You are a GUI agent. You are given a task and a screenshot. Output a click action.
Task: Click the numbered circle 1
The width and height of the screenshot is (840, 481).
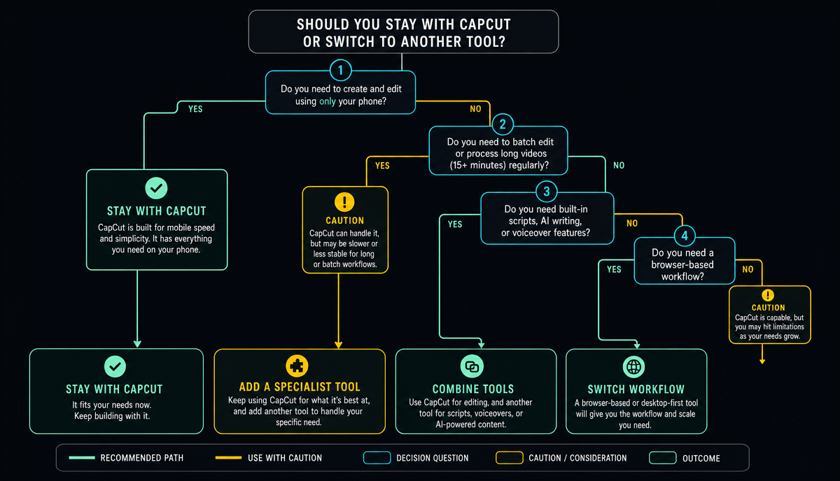[x=340, y=70]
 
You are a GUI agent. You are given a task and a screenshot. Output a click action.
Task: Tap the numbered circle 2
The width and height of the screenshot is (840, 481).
[x=503, y=124]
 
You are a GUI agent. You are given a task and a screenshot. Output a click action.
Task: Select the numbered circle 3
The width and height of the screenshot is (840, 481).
[x=547, y=192]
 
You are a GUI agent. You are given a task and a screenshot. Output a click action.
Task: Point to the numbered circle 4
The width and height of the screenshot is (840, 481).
[x=685, y=236]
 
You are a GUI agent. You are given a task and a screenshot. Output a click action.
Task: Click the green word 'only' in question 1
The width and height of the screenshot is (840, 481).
[x=328, y=101]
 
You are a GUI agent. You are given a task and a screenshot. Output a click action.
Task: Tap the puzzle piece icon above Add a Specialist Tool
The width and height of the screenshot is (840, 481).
[x=297, y=366]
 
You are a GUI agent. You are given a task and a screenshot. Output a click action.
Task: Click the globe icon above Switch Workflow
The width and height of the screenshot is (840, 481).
[x=633, y=367]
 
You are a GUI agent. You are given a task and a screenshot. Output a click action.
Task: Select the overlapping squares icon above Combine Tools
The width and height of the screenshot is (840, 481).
[x=472, y=366]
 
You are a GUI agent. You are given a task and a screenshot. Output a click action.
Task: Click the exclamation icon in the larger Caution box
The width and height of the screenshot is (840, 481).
[x=344, y=202]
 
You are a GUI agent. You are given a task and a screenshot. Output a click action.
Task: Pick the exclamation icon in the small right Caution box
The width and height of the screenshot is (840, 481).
[x=768, y=295]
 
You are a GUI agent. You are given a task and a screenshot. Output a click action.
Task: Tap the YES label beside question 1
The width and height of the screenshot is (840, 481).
[x=195, y=109]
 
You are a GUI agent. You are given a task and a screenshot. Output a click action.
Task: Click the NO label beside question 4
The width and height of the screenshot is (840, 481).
[x=748, y=269]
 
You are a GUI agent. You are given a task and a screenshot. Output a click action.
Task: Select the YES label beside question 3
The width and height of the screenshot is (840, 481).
[x=455, y=224]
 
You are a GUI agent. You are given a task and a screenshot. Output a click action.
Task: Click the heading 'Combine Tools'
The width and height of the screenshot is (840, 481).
[x=473, y=389]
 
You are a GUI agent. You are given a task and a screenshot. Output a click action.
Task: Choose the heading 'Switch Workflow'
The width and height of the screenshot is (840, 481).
[x=636, y=389]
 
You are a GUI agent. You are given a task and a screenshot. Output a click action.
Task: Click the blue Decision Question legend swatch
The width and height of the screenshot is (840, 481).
[x=377, y=458]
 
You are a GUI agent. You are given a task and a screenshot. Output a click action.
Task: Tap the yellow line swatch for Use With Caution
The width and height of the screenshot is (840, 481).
[x=228, y=458]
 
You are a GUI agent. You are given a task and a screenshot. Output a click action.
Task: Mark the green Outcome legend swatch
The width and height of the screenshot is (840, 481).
[x=663, y=458]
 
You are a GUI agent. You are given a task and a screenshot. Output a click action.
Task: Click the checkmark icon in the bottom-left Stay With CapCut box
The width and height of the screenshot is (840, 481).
[x=115, y=366]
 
